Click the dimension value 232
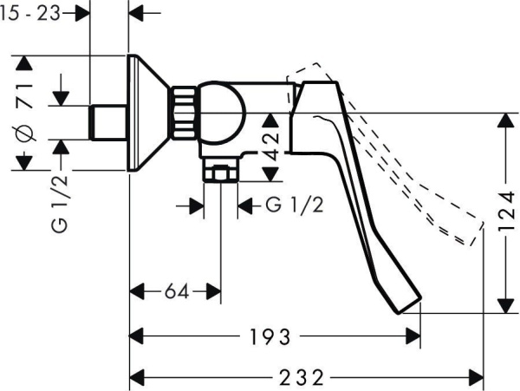(x=302, y=378)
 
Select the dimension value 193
(x=270, y=337)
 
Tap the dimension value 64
(x=177, y=292)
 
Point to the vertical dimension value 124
(x=506, y=211)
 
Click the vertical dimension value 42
(x=270, y=147)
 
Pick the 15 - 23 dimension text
(x=30, y=13)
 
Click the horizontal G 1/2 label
(x=294, y=205)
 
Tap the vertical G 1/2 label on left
(x=60, y=203)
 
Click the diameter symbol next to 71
(x=26, y=134)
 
